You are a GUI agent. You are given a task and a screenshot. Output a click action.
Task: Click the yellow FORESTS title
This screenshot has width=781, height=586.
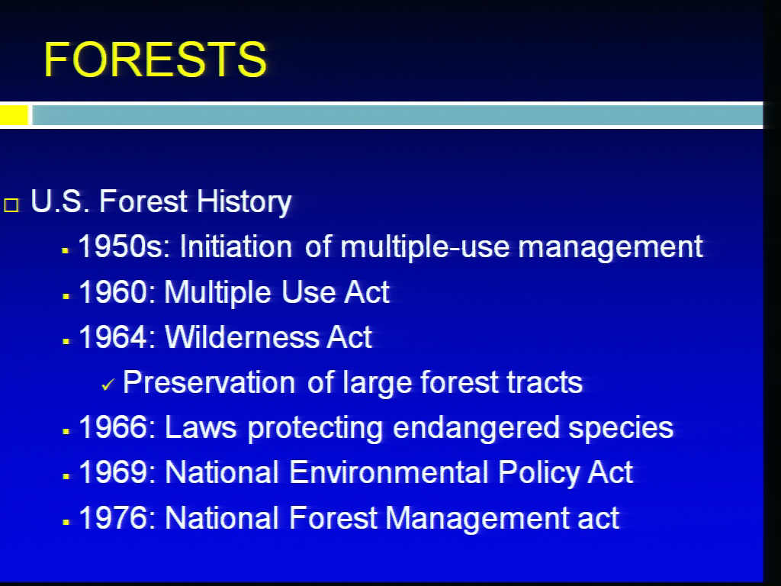coord(155,60)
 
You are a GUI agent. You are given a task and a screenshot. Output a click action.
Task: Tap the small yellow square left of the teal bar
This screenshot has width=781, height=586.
coord(14,115)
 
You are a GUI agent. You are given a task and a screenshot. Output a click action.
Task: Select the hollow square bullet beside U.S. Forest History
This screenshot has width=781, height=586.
coord(11,205)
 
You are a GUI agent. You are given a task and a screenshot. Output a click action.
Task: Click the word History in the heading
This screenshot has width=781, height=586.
coord(243,201)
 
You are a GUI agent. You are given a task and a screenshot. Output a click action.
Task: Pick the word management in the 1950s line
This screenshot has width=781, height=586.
coord(610,247)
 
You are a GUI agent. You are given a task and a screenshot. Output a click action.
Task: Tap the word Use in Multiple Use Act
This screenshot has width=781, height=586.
coord(308,291)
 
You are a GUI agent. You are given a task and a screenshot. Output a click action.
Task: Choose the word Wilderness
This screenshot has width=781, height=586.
coord(241,336)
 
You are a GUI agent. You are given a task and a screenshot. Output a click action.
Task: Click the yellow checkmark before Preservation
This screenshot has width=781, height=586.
coord(108,385)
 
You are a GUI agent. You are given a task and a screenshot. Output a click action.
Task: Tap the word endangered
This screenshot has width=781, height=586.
coord(476,428)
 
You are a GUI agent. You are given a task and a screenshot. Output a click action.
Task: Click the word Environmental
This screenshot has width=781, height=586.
coord(388,472)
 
